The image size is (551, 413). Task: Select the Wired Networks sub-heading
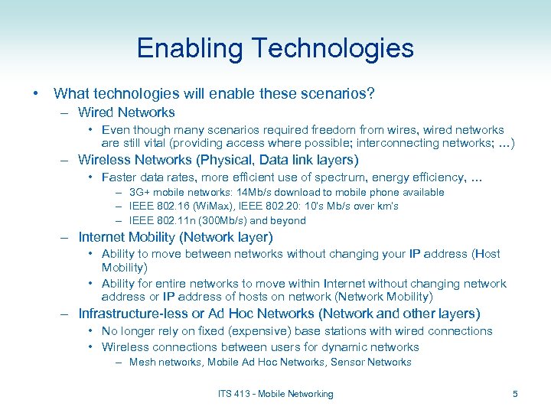pos(126,112)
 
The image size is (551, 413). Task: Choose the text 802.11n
pos(178,221)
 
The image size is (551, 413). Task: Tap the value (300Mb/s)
pos(226,221)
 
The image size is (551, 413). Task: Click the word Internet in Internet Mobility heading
pos(103,237)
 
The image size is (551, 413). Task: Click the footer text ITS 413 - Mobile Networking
pos(275,394)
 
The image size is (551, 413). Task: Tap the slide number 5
pos(514,394)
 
